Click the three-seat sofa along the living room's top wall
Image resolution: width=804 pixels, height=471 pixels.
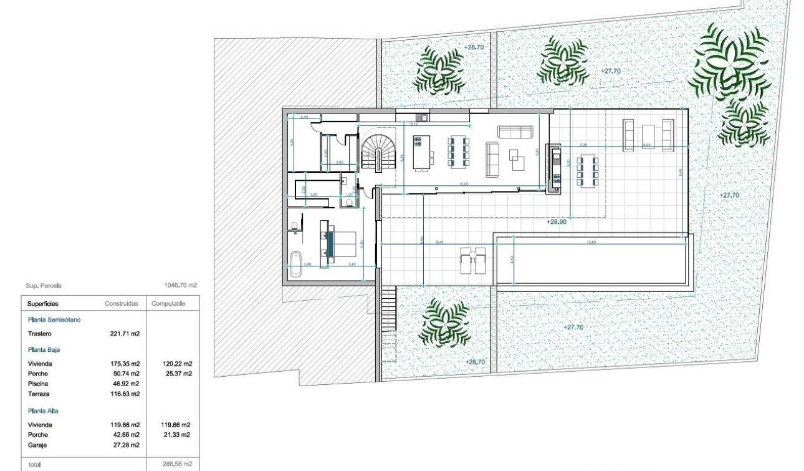tap(514, 131)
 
